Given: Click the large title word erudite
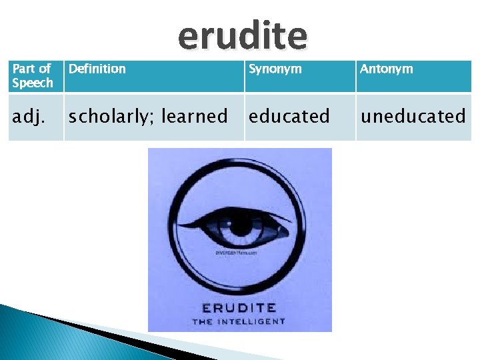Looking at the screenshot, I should [243, 36].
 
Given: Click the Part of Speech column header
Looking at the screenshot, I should [33, 76].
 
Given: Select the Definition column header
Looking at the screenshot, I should [97, 69].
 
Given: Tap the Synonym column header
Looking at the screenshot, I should [275, 69].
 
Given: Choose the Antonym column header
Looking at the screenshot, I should [386, 69].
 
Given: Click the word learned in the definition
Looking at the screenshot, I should [195, 116].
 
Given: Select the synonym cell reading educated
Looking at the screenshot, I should [289, 116].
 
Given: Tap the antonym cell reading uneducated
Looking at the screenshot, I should [413, 116].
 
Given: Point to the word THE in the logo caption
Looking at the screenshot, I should [203, 321].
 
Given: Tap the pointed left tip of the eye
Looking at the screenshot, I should [189, 221].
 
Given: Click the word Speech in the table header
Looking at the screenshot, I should [33, 83].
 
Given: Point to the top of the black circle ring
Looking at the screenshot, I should [240, 171].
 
